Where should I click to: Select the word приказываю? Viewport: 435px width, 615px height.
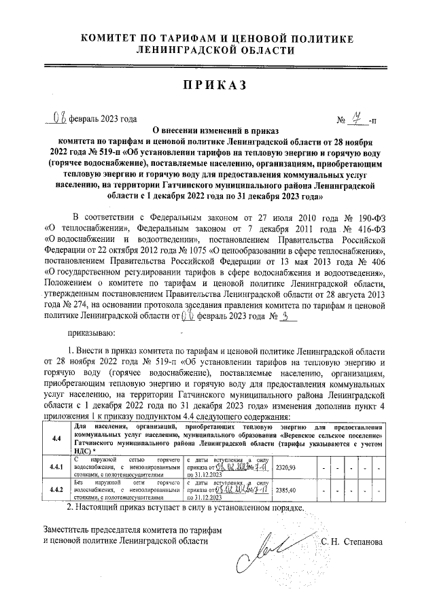(x=92, y=333)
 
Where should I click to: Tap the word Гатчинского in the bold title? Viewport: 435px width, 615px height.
(x=222, y=183)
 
